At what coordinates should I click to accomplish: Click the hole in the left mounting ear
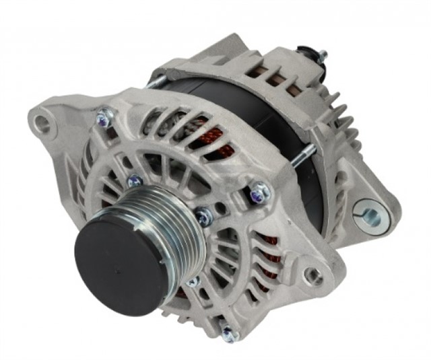coord(42,123)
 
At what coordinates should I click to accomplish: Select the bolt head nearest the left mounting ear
coord(104,118)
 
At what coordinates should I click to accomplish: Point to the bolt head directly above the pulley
coord(135,181)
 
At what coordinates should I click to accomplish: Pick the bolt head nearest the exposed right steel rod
coord(259,193)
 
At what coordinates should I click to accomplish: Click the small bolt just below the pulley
coord(193,281)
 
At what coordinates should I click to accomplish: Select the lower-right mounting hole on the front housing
coord(312,275)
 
